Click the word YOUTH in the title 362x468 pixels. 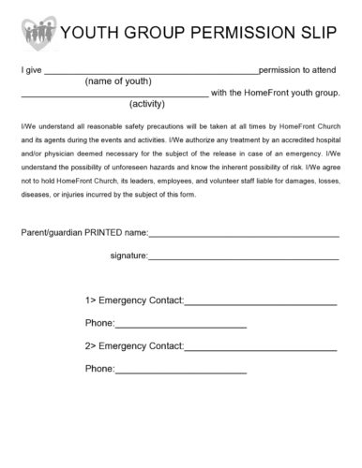(85, 34)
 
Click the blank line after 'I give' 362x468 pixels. (150, 71)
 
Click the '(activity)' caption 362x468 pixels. (147, 103)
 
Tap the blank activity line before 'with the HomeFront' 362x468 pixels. (114, 95)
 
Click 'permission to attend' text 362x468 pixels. (299, 70)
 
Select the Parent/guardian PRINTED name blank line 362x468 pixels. (244, 234)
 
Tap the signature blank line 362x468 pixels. (244, 256)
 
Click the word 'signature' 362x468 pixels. (128, 255)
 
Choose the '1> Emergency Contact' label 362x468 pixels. (134, 300)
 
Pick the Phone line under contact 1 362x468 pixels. (180, 326)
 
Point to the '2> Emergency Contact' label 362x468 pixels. (134, 346)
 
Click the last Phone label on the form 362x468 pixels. (99, 369)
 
